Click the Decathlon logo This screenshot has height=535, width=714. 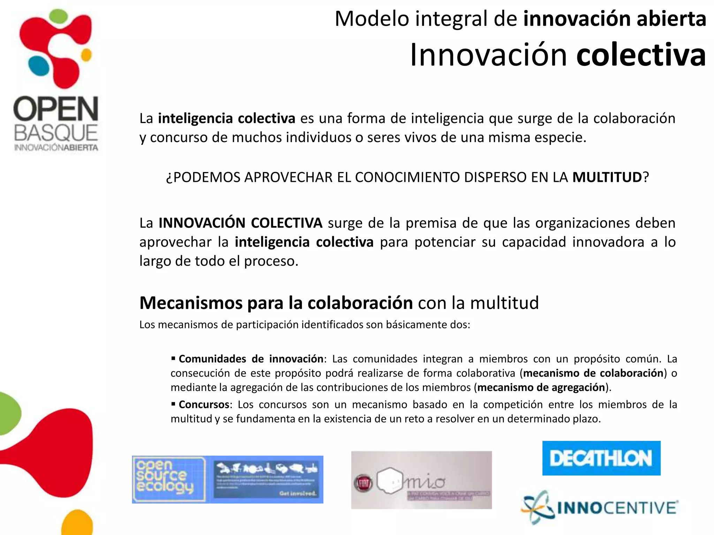click(x=601, y=458)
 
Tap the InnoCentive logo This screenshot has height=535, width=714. click(x=600, y=507)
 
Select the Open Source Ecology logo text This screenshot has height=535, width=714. click(x=164, y=477)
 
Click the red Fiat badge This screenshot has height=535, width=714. click(x=364, y=483)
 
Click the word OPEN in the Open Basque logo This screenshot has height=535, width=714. click(x=56, y=109)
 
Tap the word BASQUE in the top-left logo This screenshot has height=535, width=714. click(x=56, y=133)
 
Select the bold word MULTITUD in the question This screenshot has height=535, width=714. click(x=607, y=177)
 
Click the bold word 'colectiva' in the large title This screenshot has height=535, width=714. click(x=641, y=55)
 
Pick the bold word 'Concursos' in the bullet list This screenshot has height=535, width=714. click(x=204, y=404)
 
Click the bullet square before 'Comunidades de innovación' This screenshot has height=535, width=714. click(x=173, y=358)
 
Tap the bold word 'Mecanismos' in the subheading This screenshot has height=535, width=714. click(x=191, y=303)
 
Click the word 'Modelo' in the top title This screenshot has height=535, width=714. click(x=372, y=18)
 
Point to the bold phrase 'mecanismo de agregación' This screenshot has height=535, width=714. click(x=541, y=387)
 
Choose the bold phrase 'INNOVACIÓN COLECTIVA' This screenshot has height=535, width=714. click(x=240, y=223)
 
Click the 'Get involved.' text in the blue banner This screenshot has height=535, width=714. click(x=297, y=493)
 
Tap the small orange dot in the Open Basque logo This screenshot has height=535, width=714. click(x=86, y=55)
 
